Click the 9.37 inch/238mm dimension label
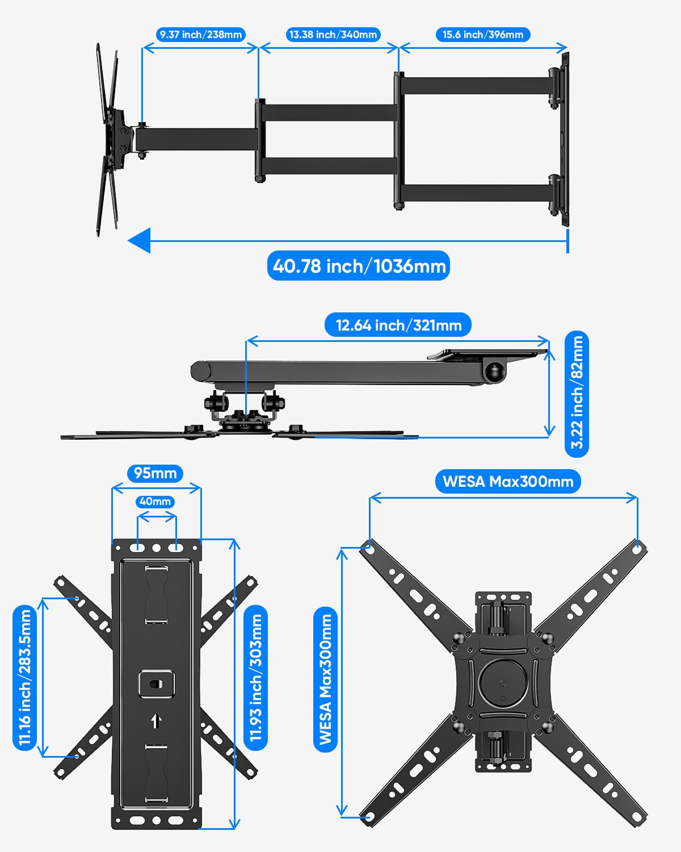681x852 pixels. click(200, 35)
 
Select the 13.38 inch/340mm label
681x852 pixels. click(333, 35)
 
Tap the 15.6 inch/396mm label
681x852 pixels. click(483, 35)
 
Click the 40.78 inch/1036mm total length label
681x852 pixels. click(359, 266)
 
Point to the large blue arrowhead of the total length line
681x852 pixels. click(139, 240)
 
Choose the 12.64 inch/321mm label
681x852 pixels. click(398, 325)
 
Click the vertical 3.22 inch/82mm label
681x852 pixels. click(577, 393)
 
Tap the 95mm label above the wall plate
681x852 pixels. click(155, 473)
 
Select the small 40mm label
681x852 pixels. click(155, 502)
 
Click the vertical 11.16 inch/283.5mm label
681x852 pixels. click(24, 677)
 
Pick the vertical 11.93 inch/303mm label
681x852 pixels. click(256, 677)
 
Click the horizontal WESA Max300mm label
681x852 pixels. click(508, 482)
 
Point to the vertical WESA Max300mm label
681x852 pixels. click(325, 679)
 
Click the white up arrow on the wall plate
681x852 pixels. click(156, 721)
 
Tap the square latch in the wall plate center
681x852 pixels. click(156, 684)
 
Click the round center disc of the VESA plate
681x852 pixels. click(503, 682)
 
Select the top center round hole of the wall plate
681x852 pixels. click(156, 548)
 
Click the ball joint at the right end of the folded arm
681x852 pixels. click(495, 372)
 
